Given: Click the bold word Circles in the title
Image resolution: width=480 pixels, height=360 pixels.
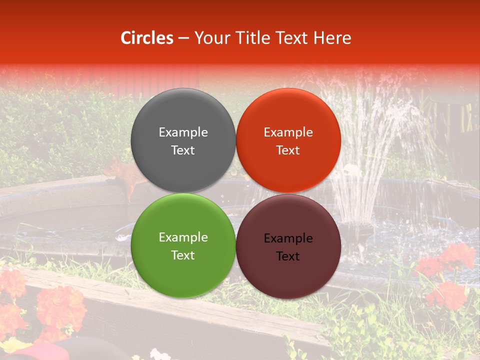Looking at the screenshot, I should pyautogui.click(x=147, y=38).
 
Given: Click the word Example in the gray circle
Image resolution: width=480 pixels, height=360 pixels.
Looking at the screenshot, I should pyautogui.click(x=183, y=132).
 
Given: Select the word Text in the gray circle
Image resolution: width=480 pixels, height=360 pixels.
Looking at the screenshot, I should pyautogui.click(x=183, y=150).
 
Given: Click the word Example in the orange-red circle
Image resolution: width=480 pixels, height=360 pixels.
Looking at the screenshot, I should pyautogui.click(x=288, y=132).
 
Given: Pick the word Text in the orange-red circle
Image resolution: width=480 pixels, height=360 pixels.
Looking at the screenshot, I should pyautogui.click(x=288, y=150).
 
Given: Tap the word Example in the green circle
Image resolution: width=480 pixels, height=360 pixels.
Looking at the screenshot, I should pyautogui.click(x=183, y=237).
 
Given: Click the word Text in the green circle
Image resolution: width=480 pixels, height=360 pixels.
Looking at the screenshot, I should pyautogui.click(x=183, y=255).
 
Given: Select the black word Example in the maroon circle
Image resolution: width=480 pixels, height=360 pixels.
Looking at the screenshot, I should pyautogui.click(x=288, y=238).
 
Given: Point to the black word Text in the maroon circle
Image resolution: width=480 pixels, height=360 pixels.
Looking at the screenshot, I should pyautogui.click(x=288, y=256).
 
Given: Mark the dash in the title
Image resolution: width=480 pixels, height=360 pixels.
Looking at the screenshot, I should pyautogui.click(x=183, y=38).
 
